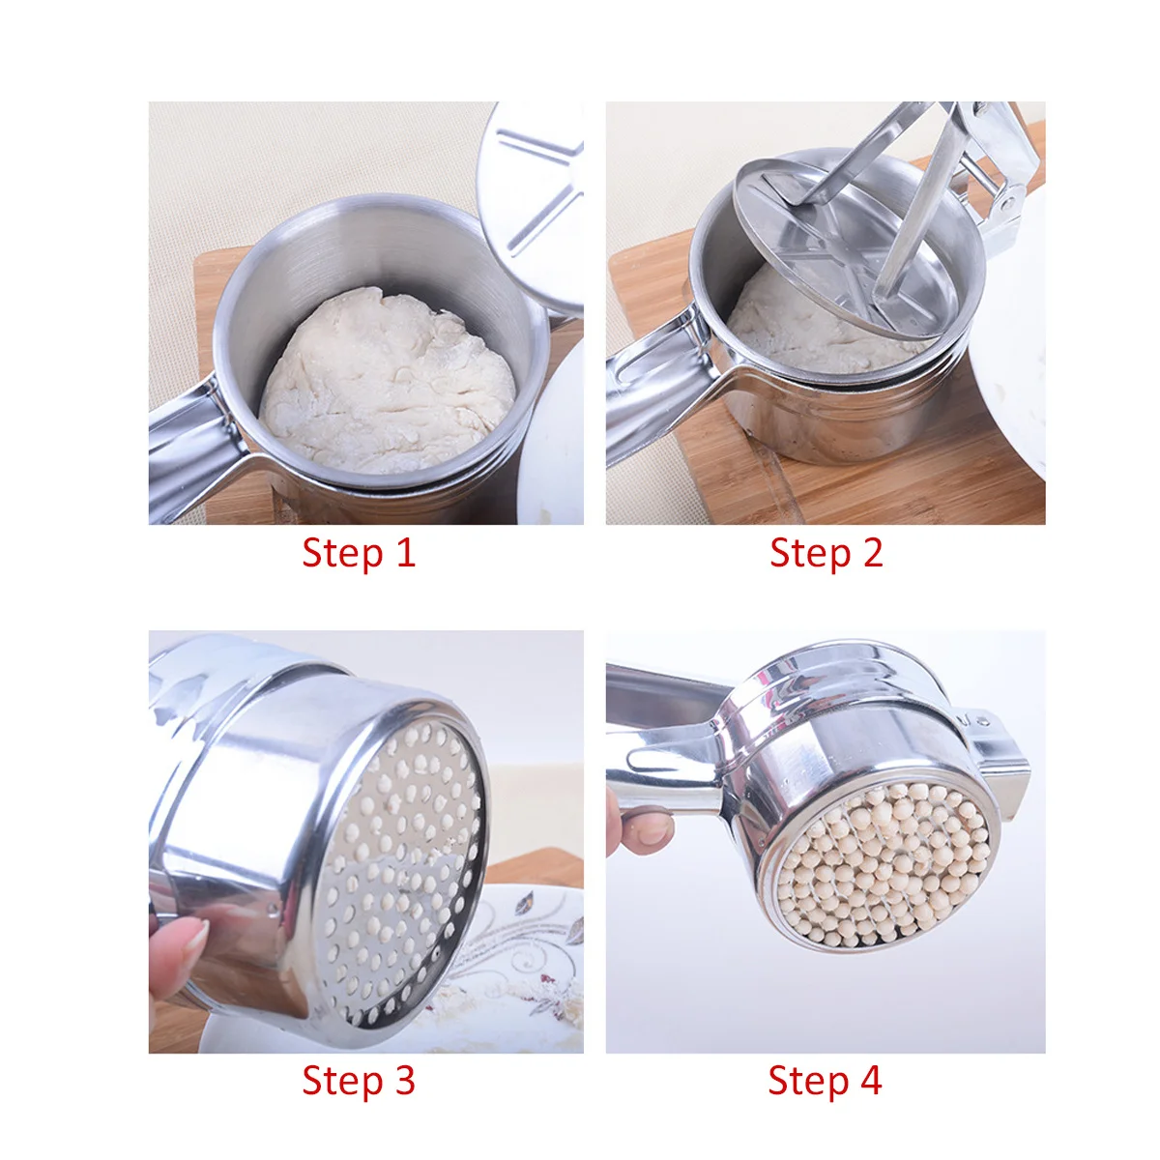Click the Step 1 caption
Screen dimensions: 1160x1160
358,553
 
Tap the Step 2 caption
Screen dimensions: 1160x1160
826,553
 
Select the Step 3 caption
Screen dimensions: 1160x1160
358,1081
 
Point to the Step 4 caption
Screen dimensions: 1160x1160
825,1081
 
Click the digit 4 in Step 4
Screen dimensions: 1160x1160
871,1081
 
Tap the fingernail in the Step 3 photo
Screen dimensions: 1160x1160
194,936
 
